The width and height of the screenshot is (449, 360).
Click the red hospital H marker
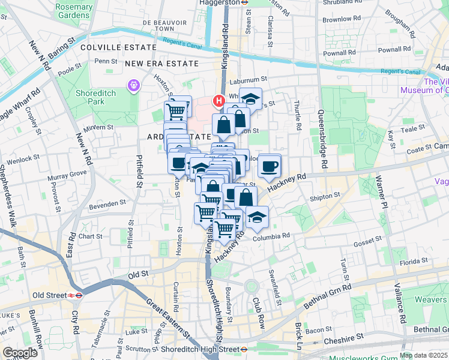coord(219,101)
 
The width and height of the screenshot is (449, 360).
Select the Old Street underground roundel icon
coord(75,295)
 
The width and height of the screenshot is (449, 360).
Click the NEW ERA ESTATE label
coord(161,63)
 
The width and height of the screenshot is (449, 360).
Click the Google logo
coord(20,353)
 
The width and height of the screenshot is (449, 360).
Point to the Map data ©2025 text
coord(423,355)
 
